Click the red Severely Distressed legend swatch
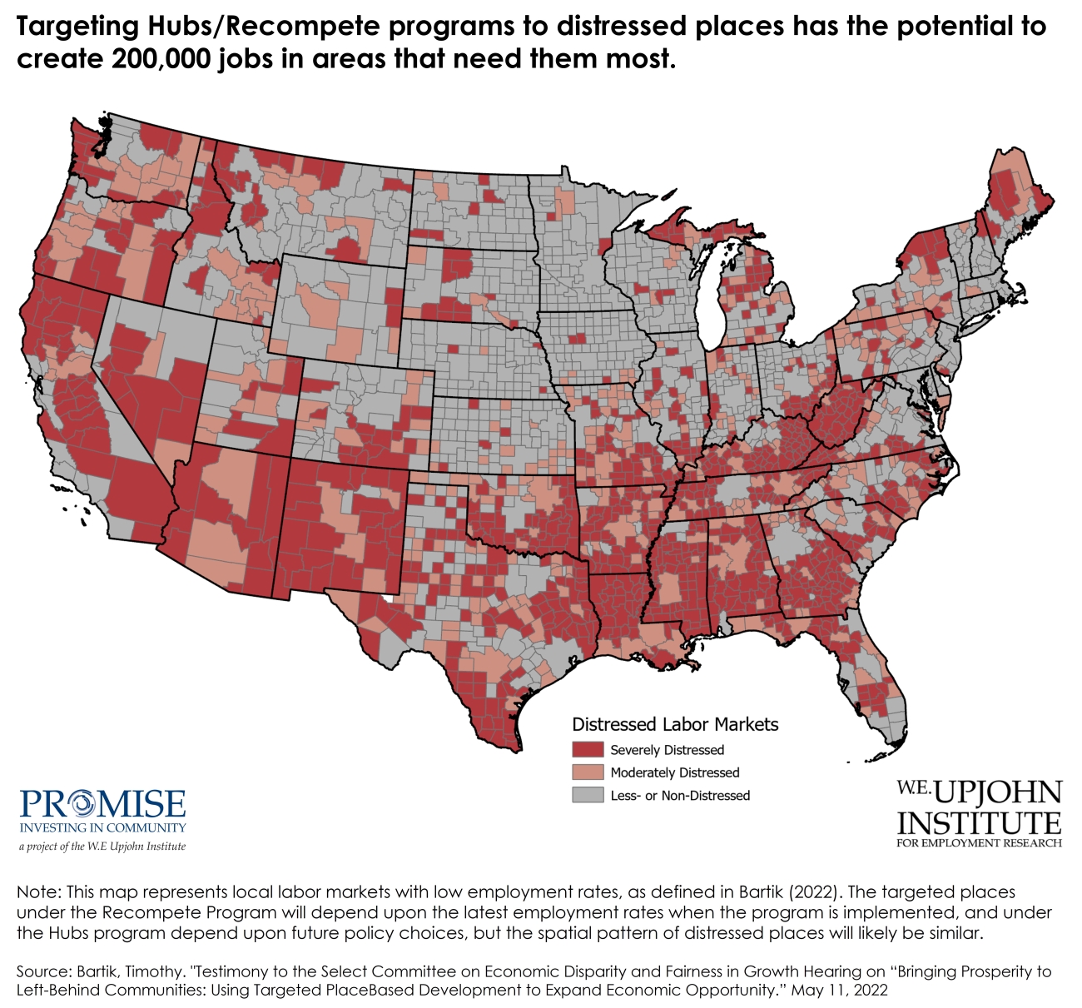point(587,750)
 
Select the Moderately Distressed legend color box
point(587,772)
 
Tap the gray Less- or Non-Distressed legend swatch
point(587,795)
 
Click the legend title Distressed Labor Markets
point(675,724)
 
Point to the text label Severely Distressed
point(667,750)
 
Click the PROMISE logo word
point(102,805)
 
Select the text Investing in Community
point(102,828)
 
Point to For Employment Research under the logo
point(979,843)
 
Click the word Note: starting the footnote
point(38,892)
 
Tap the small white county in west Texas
point(388,598)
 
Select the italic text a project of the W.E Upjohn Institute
point(102,847)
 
